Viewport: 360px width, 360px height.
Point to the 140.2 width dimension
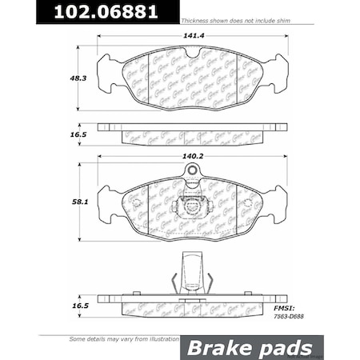tap(190, 156)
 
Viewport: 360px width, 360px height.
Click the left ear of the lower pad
tap(104, 200)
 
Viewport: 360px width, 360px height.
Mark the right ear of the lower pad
tap(278, 200)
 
